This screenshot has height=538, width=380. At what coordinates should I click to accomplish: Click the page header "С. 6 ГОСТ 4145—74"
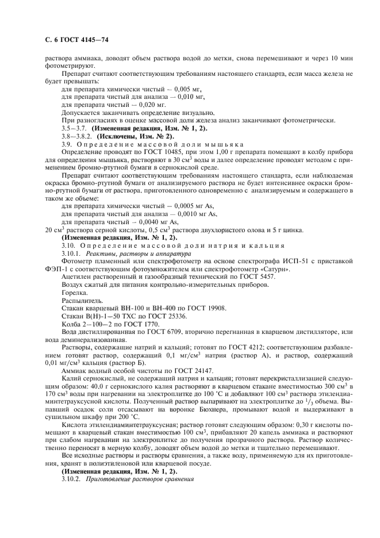tap(64, 39)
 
